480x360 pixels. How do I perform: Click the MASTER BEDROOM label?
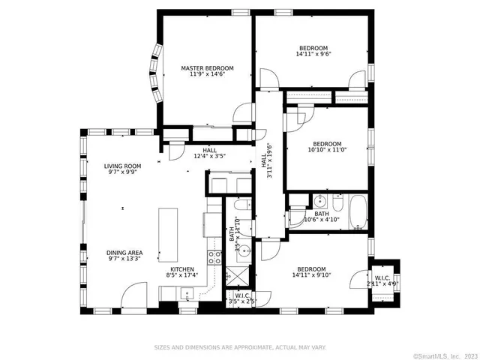207,68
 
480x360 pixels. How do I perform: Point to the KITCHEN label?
181,269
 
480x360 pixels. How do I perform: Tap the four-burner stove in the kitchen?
214,258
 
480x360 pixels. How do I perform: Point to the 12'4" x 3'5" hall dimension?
210,156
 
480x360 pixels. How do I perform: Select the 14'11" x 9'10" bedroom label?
310,273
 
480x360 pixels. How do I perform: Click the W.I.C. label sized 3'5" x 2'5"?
242,298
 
